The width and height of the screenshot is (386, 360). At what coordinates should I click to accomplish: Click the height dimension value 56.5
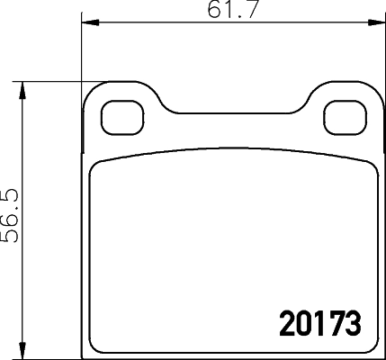click(12, 220)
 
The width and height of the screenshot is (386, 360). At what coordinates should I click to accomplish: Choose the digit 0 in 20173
click(297, 321)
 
